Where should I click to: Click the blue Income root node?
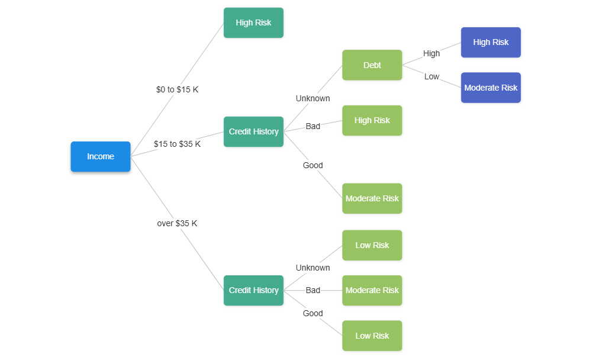[x=101, y=156]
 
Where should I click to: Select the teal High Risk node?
[x=253, y=23]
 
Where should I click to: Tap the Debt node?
[x=372, y=65]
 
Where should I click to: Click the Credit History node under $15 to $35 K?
[x=253, y=131]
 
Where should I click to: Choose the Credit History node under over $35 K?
[x=253, y=290]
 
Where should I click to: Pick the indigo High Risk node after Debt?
[x=491, y=43]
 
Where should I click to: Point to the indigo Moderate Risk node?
[x=491, y=88]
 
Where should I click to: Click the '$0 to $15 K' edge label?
[x=177, y=90]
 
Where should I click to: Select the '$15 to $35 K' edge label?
[x=177, y=144]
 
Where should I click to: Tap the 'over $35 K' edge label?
[x=177, y=224]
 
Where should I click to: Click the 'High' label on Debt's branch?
[x=432, y=53]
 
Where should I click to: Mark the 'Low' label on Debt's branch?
[x=432, y=77]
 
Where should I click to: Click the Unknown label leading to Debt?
[x=313, y=98]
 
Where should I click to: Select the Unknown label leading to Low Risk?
[x=313, y=268]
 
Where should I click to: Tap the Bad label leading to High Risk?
[x=313, y=126]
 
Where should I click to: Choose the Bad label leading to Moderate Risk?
[x=313, y=290]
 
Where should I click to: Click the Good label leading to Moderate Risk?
[x=313, y=165]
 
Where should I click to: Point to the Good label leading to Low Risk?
[x=313, y=313]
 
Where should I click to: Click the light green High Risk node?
[x=372, y=121]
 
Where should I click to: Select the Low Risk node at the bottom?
[x=372, y=336]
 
